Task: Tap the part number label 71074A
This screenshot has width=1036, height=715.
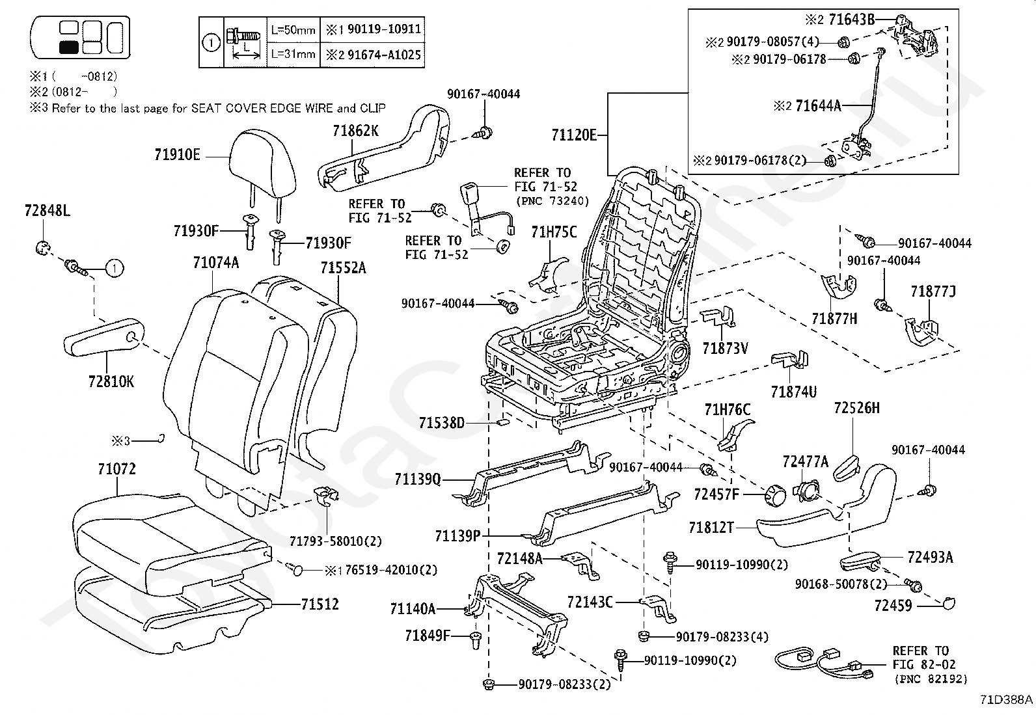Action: (215, 263)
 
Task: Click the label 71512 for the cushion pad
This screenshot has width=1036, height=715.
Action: (320, 604)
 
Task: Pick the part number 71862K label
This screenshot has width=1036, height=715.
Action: (355, 131)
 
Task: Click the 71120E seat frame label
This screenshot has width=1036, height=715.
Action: (574, 135)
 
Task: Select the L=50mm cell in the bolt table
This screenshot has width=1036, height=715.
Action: (293, 30)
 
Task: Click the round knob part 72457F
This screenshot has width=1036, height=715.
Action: (774, 496)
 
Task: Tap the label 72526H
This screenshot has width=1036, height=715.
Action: (856, 408)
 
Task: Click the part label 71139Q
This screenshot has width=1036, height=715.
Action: (417, 479)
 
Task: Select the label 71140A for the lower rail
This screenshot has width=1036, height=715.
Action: (412, 609)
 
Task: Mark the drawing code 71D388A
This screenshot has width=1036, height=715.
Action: (1006, 700)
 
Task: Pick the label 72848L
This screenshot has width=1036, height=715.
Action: (47, 211)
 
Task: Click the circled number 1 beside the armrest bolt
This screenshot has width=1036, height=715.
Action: (114, 267)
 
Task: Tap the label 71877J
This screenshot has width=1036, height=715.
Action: (933, 291)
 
